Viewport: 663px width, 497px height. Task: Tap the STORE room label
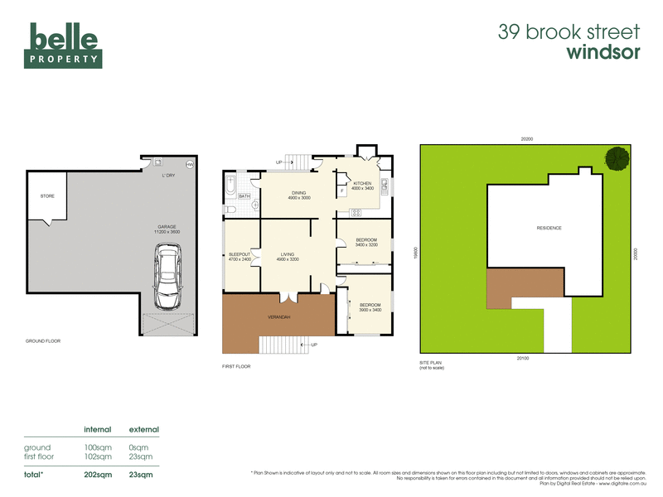pos(46,196)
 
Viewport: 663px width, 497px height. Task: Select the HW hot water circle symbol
pos(189,165)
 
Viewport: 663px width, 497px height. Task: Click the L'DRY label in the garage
pos(168,176)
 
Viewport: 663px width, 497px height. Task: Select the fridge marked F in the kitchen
pos(342,191)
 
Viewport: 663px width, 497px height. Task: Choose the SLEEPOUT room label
pos(239,255)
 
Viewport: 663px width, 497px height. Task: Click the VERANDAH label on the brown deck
pos(278,316)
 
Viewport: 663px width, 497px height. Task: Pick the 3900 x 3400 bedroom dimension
pos(370,310)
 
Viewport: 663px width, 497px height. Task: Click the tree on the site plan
pos(616,157)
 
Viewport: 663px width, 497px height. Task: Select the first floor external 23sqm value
pos(141,456)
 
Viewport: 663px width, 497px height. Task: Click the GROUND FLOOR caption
pos(43,340)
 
